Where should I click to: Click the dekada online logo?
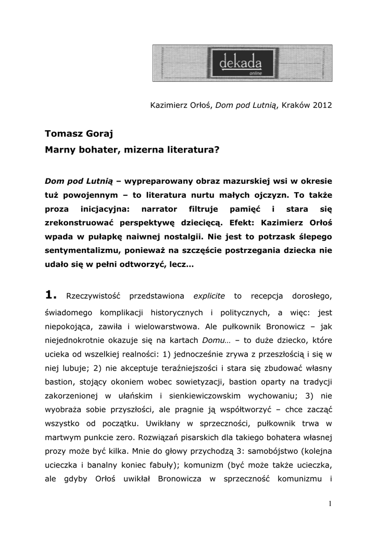coord(242,63)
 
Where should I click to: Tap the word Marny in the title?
coord(60,149)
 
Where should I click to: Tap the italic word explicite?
coord(209,296)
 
